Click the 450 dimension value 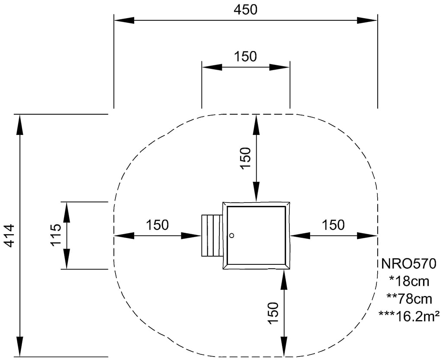pyautogui.click(x=245, y=10)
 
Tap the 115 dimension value pyautogui.click(x=56, y=235)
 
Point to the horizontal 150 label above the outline pyautogui.click(x=245, y=57)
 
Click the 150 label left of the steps pyautogui.click(x=157, y=225)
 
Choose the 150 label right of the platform pyautogui.click(x=333, y=225)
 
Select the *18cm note pyautogui.click(x=409, y=281)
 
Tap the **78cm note pyautogui.click(x=409, y=298)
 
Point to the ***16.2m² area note pyautogui.click(x=409, y=315)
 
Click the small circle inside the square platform pyautogui.click(x=231, y=235)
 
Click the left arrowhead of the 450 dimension pyautogui.click(x=124, y=20)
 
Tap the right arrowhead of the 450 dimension pyautogui.click(x=368, y=20)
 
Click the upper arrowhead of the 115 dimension pyautogui.click(x=67, y=212)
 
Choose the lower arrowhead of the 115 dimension pyautogui.click(x=67, y=260)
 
